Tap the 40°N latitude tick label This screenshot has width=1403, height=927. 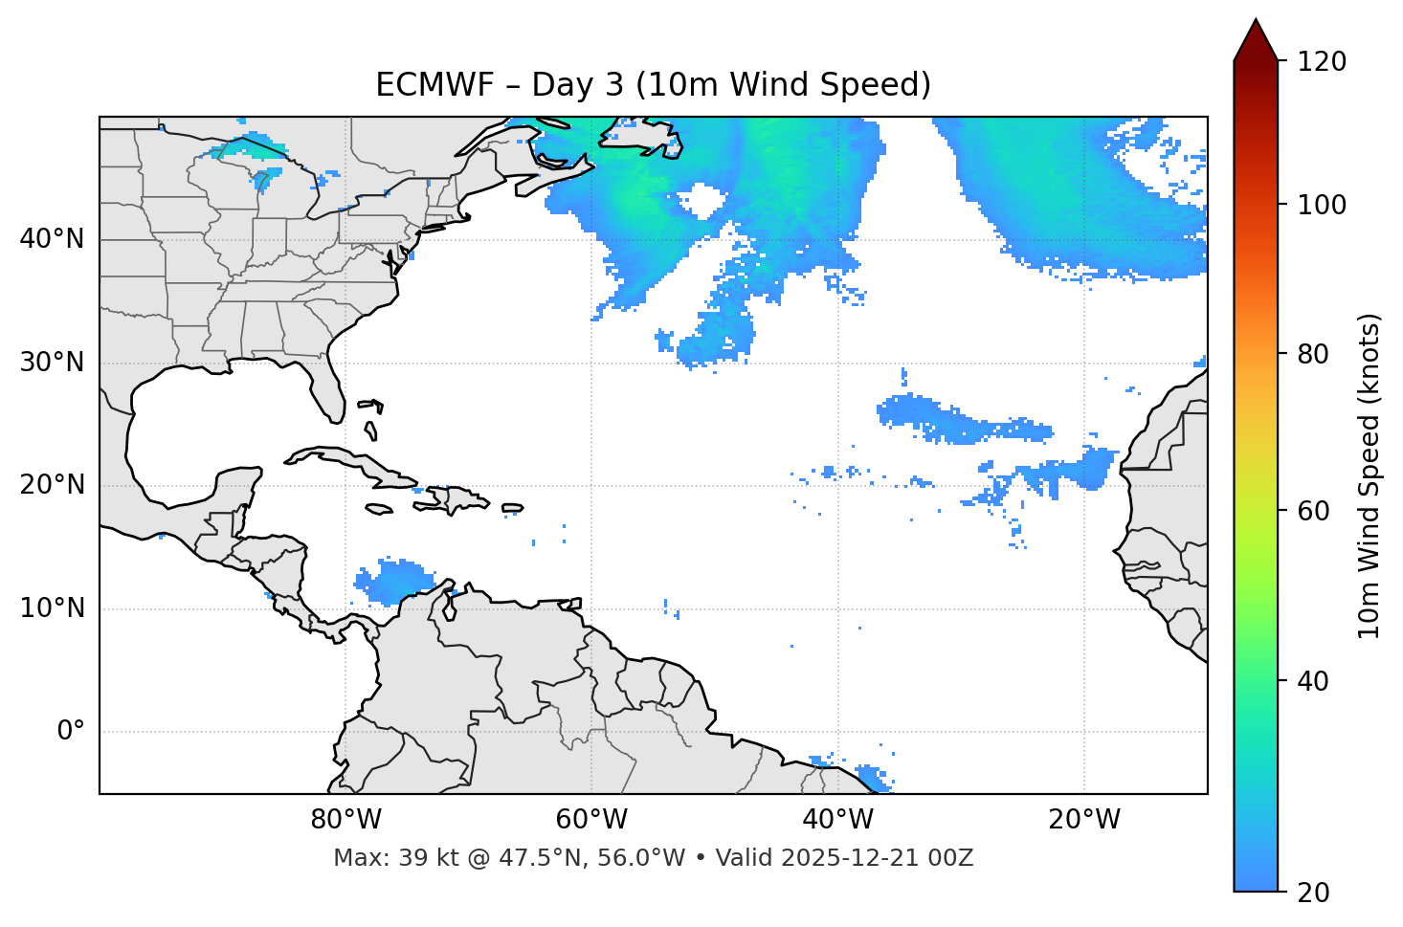click(x=52, y=239)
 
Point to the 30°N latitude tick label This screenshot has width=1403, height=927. click(x=52, y=363)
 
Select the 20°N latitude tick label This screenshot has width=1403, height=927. click(x=52, y=485)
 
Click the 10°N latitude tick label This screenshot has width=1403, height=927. click(x=52, y=608)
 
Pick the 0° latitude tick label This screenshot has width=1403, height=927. click(x=71, y=732)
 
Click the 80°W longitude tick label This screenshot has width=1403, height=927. click(x=345, y=820)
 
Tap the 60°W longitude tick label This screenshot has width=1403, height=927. click(x=591, y=820)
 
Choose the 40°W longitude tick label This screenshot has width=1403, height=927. click(x=837, y=820)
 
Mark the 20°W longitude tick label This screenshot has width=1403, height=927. click(x=1083, y=820)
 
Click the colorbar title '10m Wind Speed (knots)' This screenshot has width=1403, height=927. click(x=1370, y=475)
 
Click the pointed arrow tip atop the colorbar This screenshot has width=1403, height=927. click(x=1256, y=23)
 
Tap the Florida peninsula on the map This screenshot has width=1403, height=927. click(x=329, y=387)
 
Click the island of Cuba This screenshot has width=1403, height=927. click(x=355, y=464)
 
